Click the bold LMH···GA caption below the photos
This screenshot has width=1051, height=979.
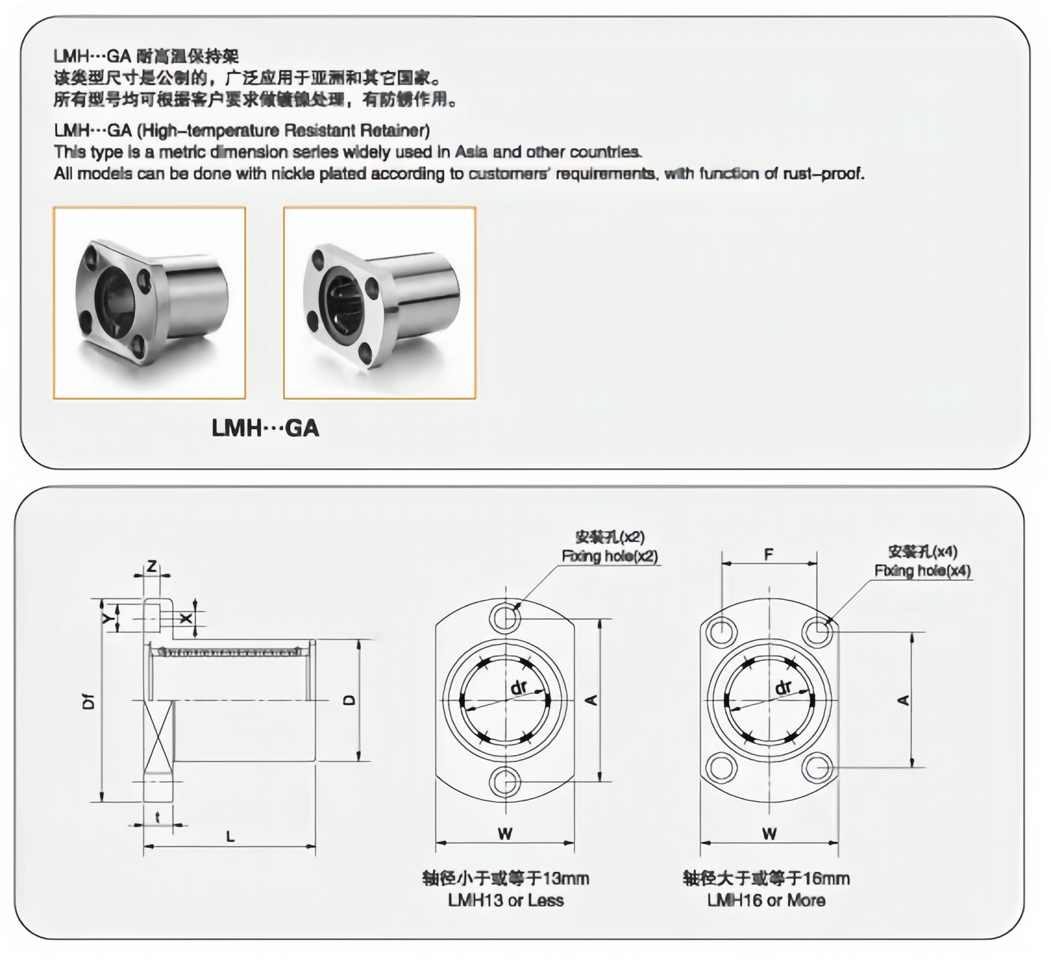(x=266, y=428)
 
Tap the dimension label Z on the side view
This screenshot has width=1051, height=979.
(x=152, y=567)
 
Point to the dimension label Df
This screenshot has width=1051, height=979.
(x=90, y=701)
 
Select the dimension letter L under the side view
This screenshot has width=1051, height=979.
(x=230, y=837)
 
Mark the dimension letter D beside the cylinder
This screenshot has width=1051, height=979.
(x=349, y=700)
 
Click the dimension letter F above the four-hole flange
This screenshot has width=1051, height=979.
(x=769, y=555)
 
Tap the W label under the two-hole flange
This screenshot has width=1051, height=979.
(x=505, y=834)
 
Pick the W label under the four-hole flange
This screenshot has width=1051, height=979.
(x=769, y=834)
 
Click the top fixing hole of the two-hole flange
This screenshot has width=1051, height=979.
(x=505, y=617)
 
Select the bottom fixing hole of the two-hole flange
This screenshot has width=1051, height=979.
(x=505, y=782)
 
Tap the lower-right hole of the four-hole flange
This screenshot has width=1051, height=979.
(x=817, y=768)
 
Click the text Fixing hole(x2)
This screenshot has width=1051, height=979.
(x=610, y=556)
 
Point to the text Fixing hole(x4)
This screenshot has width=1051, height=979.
(x=922, y=571)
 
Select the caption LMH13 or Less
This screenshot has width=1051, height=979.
(x=506, y=900)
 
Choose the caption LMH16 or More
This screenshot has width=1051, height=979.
(x=766, y=900)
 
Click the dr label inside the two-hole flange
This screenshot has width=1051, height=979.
(x=519, y=688)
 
